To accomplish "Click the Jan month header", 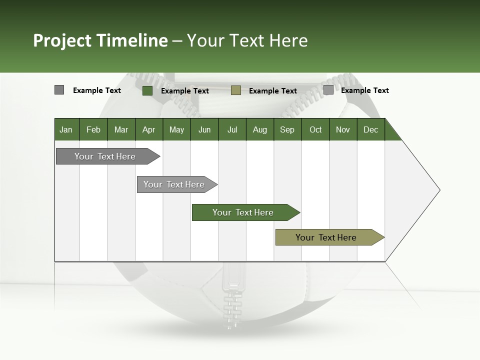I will [66, 129].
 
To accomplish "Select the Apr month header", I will [148, 129].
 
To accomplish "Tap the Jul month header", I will [232, 129].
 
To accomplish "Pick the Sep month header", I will [287, 129].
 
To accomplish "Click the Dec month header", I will [370, 129].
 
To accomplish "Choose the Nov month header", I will [342, 129].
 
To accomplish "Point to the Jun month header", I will [204, 129].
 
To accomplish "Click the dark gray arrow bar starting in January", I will [105, 156].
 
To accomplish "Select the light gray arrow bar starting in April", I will [174, 184].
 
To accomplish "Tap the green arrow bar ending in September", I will [243, 212].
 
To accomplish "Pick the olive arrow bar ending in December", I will [326, 237].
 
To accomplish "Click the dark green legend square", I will [147, 90].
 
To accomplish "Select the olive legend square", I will [236, 90].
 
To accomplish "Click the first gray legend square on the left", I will [59, 90].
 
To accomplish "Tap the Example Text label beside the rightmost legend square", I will [364, 90].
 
